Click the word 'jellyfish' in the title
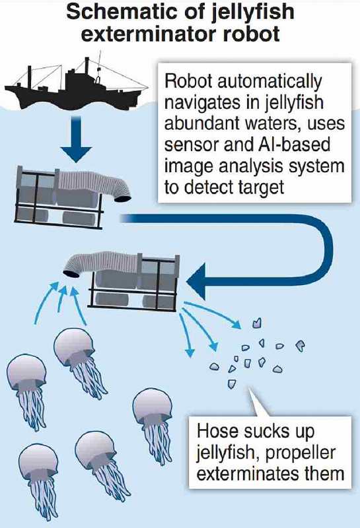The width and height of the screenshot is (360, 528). tap(253, 12)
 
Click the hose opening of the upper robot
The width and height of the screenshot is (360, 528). tap(123, 198)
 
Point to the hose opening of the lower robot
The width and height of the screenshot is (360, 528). tap(71, 273)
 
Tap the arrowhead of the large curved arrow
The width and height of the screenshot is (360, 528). tap(197, 282)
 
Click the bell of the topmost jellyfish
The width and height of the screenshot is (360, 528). tap(74, 346)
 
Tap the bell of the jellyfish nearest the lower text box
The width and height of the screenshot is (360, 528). tap(153, 405)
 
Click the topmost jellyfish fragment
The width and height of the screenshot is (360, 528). tap(257, 323)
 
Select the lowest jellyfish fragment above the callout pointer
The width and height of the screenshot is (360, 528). tap(232, 383)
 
